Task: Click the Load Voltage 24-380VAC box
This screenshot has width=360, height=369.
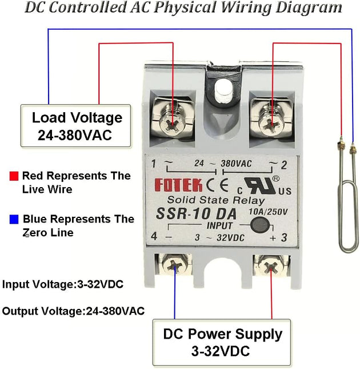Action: pyautogui.click(x=75, y=126)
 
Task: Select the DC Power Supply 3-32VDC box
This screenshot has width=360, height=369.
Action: pyautogui.click(x=222, y=343)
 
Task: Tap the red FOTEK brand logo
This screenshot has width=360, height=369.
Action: pyautogui.click(x=178, y=185)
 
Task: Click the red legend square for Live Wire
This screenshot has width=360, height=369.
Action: pyautogui.click(x=14, y=176)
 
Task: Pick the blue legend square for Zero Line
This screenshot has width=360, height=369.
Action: pyautogui.click(x=14, y=219)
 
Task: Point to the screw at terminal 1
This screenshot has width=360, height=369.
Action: pyautogui.click(x=172, y=124)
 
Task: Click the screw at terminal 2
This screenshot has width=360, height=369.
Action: pyautogui.click(x=271, y=124)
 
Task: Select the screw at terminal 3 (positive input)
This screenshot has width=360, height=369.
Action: pyautogui.click(x=271, y=266)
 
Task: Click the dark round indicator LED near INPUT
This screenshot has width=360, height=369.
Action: pyautogui.click(x=259, y=225)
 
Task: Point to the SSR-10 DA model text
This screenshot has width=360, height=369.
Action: pyautogui.click(x=196, y=214)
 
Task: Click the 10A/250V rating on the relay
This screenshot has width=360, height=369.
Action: pyautogui.click(x=268, y=212)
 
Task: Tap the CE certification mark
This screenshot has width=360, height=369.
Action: pyautogui.click(x=217, y=185)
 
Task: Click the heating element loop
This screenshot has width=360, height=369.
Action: pyautogui.click(x=346, y=197)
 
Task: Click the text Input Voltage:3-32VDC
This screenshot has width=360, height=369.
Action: pyautogui.click(x=63, y=284)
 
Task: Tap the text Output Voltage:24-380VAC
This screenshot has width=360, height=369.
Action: pyautogui.click(x=73, y=311)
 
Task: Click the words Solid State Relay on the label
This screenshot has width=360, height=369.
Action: pyautogui.click(x=216, y=200)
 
